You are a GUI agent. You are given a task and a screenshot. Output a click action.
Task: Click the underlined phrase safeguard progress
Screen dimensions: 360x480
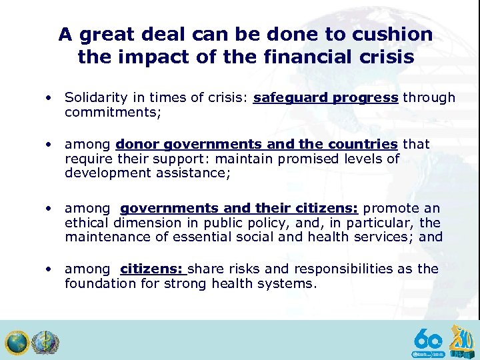point(326,98)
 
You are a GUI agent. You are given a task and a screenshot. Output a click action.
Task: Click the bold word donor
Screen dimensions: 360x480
point(137,144)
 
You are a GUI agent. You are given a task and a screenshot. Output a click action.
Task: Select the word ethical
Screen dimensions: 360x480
point(87,223)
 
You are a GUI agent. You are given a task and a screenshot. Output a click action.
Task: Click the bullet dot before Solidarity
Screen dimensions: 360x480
point(49,98)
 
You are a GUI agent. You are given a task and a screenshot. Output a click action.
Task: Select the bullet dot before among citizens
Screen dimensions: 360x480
point(49,269)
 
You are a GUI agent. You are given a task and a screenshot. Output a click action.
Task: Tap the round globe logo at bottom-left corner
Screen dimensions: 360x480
point(16,342)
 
